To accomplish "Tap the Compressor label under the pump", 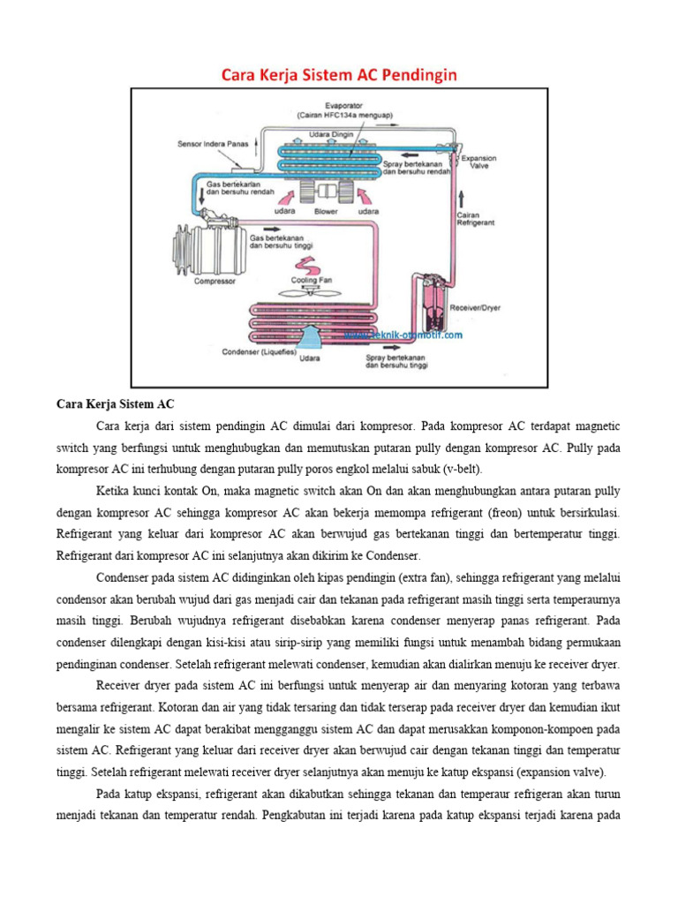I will click(x=215, y=282).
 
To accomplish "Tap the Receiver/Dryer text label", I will click(x=476, y=310).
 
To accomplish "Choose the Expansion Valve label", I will click(x=480, y=162).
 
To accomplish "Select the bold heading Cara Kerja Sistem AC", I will click(x=116, y=405).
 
